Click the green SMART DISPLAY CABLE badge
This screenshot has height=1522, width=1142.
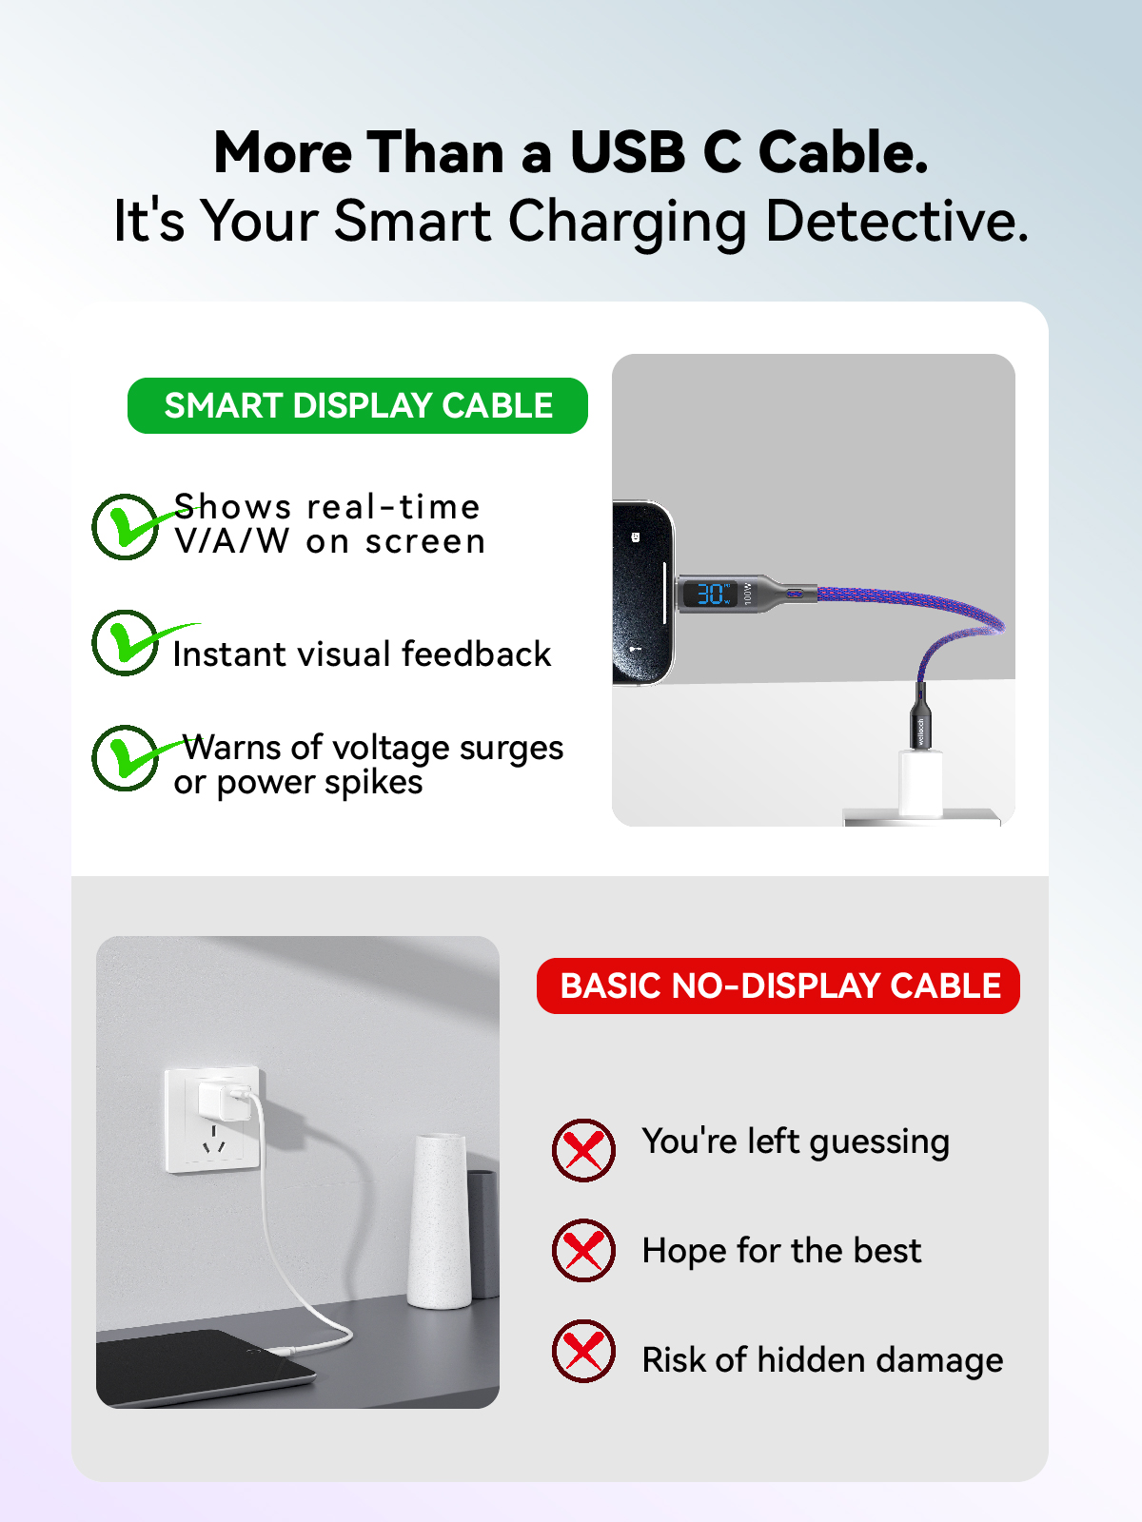(357, 405)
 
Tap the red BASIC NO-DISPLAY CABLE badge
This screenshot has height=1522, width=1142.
(778, 985)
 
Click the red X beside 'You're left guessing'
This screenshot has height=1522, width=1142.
(583, 1150)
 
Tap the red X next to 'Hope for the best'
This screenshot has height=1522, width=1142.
(583, 1250)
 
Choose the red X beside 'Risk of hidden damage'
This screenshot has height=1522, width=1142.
(583, 1352)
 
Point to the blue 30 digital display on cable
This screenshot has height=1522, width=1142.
(711, 595)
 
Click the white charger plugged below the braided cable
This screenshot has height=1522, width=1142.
(920, 782)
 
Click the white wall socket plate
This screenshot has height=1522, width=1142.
(213, 1121)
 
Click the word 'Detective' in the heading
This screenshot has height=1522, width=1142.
(896, 222)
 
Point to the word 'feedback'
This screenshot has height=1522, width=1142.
(476, 654)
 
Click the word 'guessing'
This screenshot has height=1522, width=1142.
(879, 1143)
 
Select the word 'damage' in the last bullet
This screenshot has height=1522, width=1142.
(939, 1360)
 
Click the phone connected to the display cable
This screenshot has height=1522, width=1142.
(642, 594)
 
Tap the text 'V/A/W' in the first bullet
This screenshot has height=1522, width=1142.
(231, 541)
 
